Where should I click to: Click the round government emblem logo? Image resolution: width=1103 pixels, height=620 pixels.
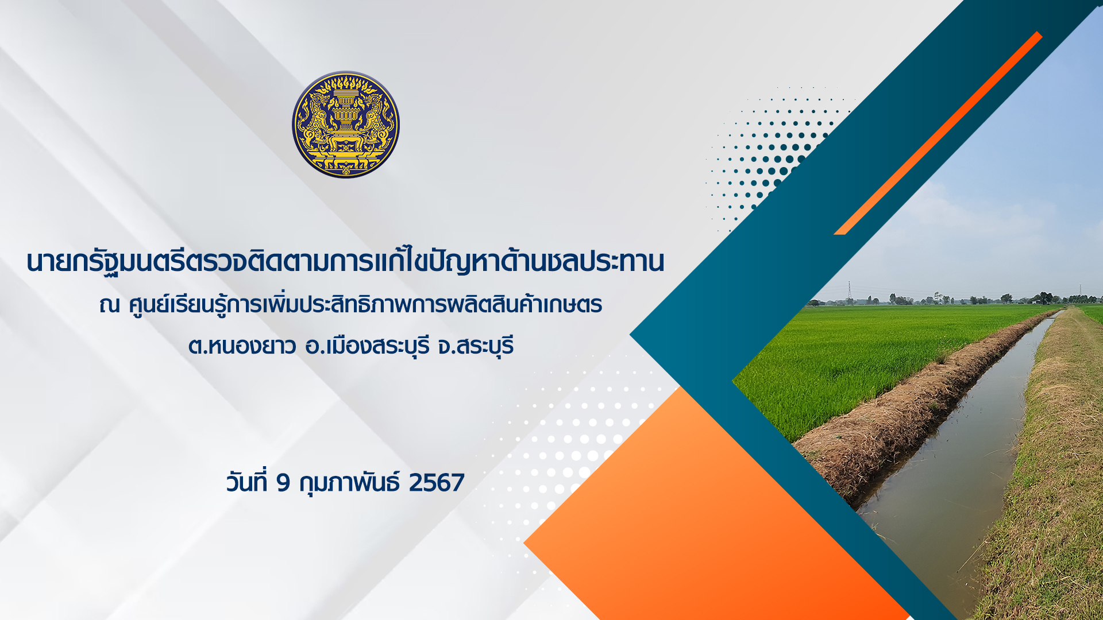pyautogui.click(x=346, y=125)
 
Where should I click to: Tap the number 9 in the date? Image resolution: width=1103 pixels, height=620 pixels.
pyautogui.click(x=283, y=483)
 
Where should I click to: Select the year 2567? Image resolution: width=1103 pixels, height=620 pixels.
pyautogui.click(x=437, y=483)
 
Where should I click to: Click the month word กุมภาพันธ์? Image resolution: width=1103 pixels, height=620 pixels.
pyautogui.click(x=349, y=483)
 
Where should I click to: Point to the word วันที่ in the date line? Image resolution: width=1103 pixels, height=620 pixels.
pyautogui.click(x=247, y=481)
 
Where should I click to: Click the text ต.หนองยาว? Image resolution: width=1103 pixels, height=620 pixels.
pyautogui.click(x=242, y=346)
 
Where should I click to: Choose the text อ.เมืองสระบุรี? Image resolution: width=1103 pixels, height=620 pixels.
pyautogui.click(x=368, y=346)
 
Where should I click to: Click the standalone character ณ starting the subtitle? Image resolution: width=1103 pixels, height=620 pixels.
pyautogui.click(x=109, y=305)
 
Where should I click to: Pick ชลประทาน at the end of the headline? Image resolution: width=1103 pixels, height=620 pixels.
pyautogui.click(x=606, y=262)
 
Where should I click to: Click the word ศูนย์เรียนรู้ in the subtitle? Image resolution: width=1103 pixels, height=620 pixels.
pyautogui.click(x=179, y=303)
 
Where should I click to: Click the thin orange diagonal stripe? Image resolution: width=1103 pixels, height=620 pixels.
pyautogui.click(x=938, y=133)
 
